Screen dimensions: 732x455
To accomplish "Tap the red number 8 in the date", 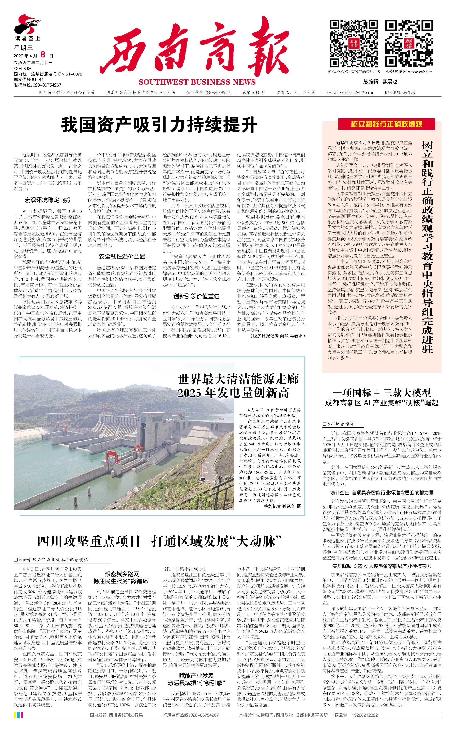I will (x=43, y=54).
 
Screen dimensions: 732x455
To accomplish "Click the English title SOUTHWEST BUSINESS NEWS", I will (x=197, y=82).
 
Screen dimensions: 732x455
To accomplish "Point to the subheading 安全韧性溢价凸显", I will (x=122, y=256).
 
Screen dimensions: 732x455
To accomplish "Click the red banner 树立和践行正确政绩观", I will (x=386, y=124).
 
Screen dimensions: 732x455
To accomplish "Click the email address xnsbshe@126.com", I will (x=357, y=93).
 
